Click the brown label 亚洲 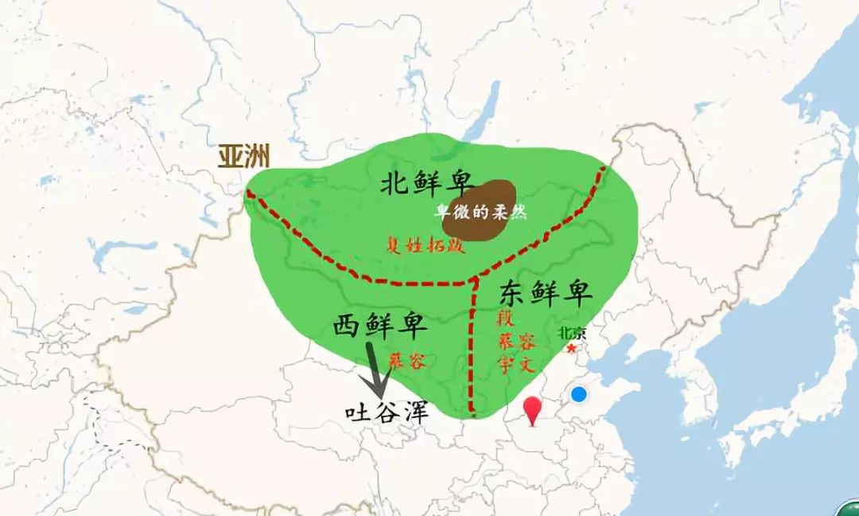point(244,157)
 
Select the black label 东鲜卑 point(546,294)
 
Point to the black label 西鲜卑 point(379,326)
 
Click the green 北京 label point(571,334)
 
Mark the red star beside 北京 point(570,348)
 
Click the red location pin point(532,409)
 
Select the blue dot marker point(579,394)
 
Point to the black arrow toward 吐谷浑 point(375,368)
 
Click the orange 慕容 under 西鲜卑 point(408,360)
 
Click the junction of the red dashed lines point(475,280)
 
